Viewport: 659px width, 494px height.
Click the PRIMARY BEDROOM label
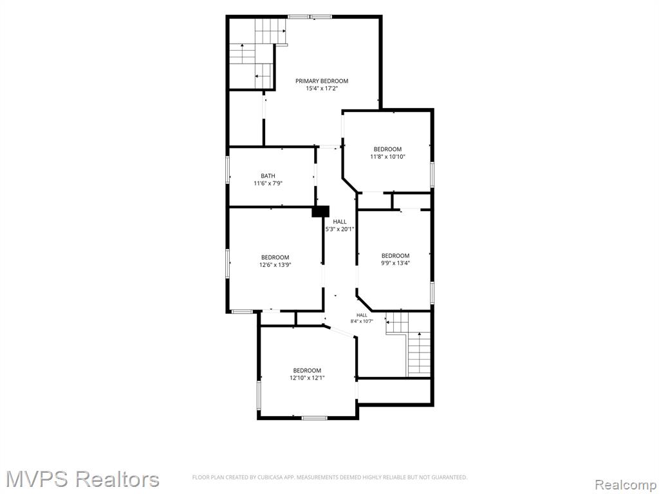pyautogui.click(x=322, y=81)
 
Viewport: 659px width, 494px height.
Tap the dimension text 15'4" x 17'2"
pyautogui.click(x=322, y=89)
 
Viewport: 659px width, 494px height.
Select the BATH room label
pyautogui.click(x=268, y=176)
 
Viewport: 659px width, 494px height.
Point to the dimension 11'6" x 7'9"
pyautogui.click(x=268, y=183)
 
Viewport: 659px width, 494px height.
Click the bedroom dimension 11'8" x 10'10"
pyautogui.click(x=387, y=157)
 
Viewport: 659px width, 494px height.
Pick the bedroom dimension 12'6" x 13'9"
pyautogui.click(x=275, y=265)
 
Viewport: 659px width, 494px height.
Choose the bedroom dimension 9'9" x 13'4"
pyautogui.click(x=395, y=263)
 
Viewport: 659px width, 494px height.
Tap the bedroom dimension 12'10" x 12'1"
pyautogui.click(x=307, y=378)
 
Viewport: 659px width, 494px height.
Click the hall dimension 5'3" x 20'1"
pyautogui.click(x=340, y=230)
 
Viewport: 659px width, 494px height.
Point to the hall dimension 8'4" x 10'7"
pyautogui.click(x=362, y=322)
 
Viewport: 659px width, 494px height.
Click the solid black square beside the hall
pyautogui.click(x=320, y=211)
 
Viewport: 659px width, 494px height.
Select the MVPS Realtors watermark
pyautogui.click(x=82, y=479)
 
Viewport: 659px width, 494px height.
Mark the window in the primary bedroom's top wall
pyautogui.click(x=310, y=17)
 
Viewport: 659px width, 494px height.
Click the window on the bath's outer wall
pyautogui.click(x=228, y=170)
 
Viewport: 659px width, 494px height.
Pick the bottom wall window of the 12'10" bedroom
pyautogui.click(x=315, y=417)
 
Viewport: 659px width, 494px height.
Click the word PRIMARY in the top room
pyautogui.click(x=307, y=81)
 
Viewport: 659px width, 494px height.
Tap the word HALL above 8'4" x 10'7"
pyautogui.click(x=362, y=315)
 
